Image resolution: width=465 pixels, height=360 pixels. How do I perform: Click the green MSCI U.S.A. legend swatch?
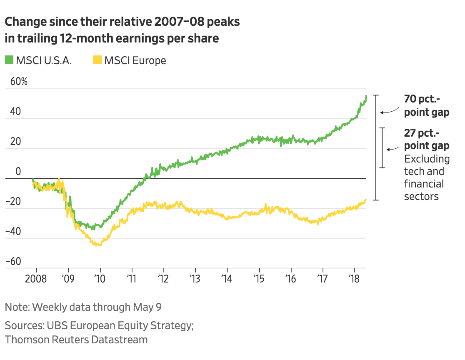(x=9, y=60)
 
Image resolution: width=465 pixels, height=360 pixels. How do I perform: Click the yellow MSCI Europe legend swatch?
(x=97, y=60)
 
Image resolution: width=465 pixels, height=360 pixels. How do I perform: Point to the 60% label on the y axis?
(x=19, y=82)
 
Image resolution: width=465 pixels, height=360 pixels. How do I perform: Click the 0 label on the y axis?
(x=18, y=171)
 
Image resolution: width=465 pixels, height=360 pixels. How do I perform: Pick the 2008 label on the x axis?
(x=36, y=279)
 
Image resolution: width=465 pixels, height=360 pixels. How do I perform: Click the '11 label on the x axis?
(x=132, y=279)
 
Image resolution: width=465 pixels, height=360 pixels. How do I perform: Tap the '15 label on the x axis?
(x=259, y=279)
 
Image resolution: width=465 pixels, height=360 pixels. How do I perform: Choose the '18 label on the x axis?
(x=355, y=279)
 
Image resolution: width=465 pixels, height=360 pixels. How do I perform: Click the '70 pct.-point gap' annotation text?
(x=426, y=106)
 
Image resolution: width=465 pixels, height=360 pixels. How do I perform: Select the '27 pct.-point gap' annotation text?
(x=426, y=140)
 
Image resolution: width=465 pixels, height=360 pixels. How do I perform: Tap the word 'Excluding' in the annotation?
(x=427, y=159)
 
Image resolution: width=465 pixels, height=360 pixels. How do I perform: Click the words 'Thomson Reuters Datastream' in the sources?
(x=76, y=340)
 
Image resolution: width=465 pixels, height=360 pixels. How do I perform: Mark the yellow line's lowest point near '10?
(x=98, y=245)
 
